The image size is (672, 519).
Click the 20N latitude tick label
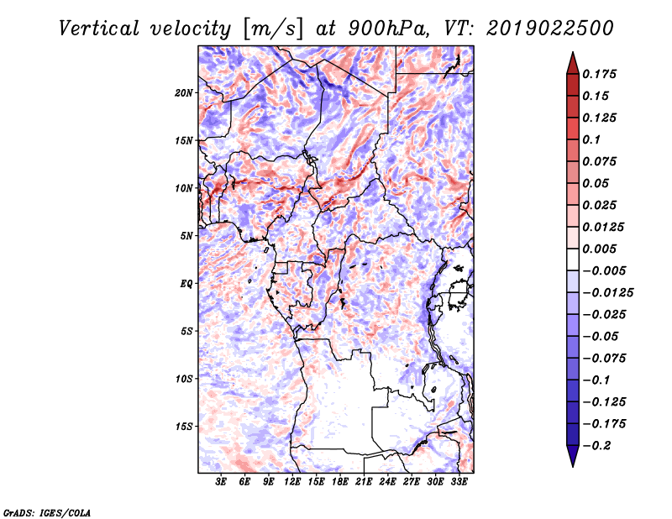pyautogui.click(x=184, y=92)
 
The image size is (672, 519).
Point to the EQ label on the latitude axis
pyautogui.click(x=186, y=284)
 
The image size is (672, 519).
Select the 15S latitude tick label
pyautogui.click(x=184, y=427)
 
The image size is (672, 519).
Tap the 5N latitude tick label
pyautogui.click(x=186, y=236)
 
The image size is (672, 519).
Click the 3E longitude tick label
pyautogui.click(x=222, y=483)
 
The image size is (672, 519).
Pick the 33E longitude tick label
pyautogui.click(x=459, y=483)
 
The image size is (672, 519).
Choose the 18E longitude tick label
pyautogui.click(x=340, y=483)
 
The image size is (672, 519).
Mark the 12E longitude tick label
pyautogui.click(x=293, y=483)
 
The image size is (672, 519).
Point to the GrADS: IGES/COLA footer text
pyautogui.click(x=46, y=511)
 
